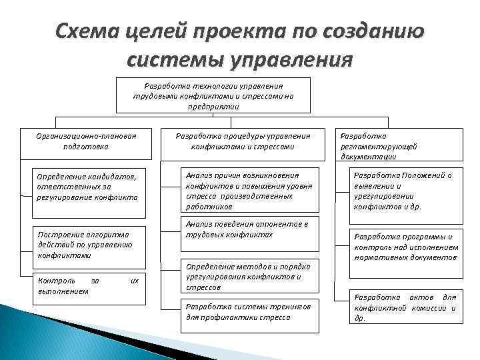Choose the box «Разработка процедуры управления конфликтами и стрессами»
243,141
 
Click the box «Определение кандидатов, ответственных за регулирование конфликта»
88,188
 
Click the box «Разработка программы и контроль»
405,247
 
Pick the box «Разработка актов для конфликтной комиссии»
405,307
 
